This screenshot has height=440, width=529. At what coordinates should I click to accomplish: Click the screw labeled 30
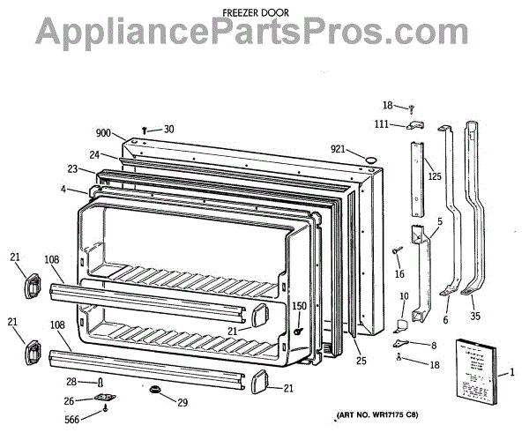[x=145, y=130]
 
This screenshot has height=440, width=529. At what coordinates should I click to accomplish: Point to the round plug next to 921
[x=369, y=158]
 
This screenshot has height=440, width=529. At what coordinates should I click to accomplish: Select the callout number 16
[x=399, y=274]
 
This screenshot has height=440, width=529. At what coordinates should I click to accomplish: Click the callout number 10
[x=404, y=296]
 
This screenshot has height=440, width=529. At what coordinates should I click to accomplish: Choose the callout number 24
[x=93, y=155]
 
